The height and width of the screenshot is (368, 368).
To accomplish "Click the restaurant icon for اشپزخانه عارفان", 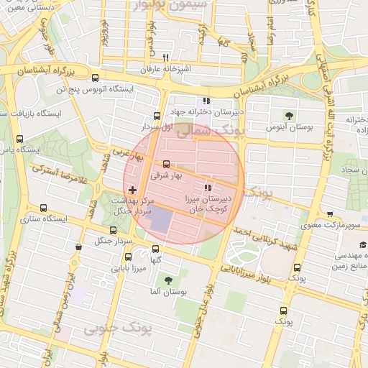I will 165,57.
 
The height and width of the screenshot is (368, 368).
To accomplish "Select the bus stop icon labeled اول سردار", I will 157,116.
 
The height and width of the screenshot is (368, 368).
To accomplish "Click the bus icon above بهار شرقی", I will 167,164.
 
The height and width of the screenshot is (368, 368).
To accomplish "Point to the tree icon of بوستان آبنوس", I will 289,115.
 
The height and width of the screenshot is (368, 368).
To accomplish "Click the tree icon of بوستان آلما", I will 168,281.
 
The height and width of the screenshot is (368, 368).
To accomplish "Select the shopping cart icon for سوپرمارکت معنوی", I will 330,215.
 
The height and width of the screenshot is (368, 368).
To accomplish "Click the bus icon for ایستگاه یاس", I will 19,139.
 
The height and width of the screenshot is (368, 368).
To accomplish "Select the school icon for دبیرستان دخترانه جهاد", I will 206,101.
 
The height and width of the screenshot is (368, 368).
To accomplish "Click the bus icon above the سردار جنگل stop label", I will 112,231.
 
